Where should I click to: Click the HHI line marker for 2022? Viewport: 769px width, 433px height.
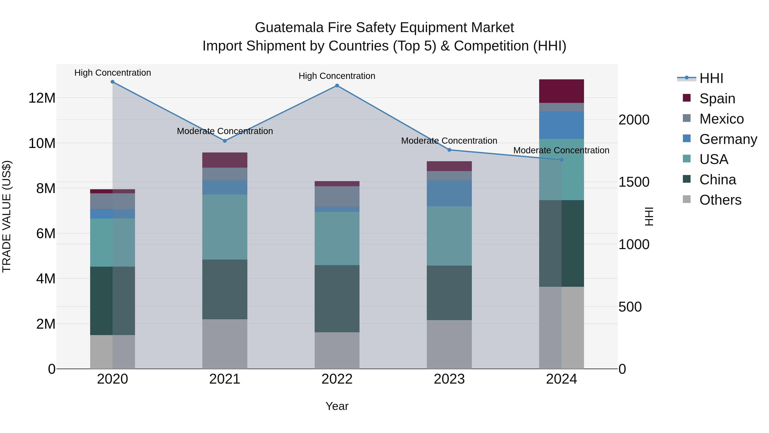pyautogui.click(x=337, y=86)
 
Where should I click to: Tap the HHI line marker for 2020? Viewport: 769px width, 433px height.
pyautogui.click(x=113, y=82)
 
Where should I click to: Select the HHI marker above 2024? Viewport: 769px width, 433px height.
pyautogui.click(x=562, y=160)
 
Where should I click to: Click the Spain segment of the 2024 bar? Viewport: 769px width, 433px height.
pyautogui.click(x=562, y=91)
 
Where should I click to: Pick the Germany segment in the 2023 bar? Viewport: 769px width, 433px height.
pyautogui.click(x=449, y=193)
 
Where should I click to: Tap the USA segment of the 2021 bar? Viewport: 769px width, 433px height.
pyautogui.click(x=225, y=227)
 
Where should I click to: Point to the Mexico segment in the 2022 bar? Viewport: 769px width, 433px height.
pyautogui.click(x=337, y=196)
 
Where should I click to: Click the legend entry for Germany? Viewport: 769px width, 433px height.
pyautogui.click(x=728, y=139)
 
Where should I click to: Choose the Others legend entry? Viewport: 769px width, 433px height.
pyautogui.click(x=720, y=200)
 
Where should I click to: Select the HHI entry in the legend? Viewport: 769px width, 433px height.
pyautogui.click(x=711, y=78)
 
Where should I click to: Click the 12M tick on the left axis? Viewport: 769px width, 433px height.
pyautogui.click(x=42, y=98)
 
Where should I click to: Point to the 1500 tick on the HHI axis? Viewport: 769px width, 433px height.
pyautogui.click(x=634, y=182)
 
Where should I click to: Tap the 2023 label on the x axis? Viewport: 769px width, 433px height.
pyautogui.click(x=449, y=379)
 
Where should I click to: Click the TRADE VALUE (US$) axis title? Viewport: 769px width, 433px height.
pyautogui.click(x=7, y=216)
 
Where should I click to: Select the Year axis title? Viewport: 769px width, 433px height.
pyautogui.click(x=337, y=406)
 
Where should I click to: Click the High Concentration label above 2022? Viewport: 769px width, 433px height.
pyautogui.click(x=337, y=76)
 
